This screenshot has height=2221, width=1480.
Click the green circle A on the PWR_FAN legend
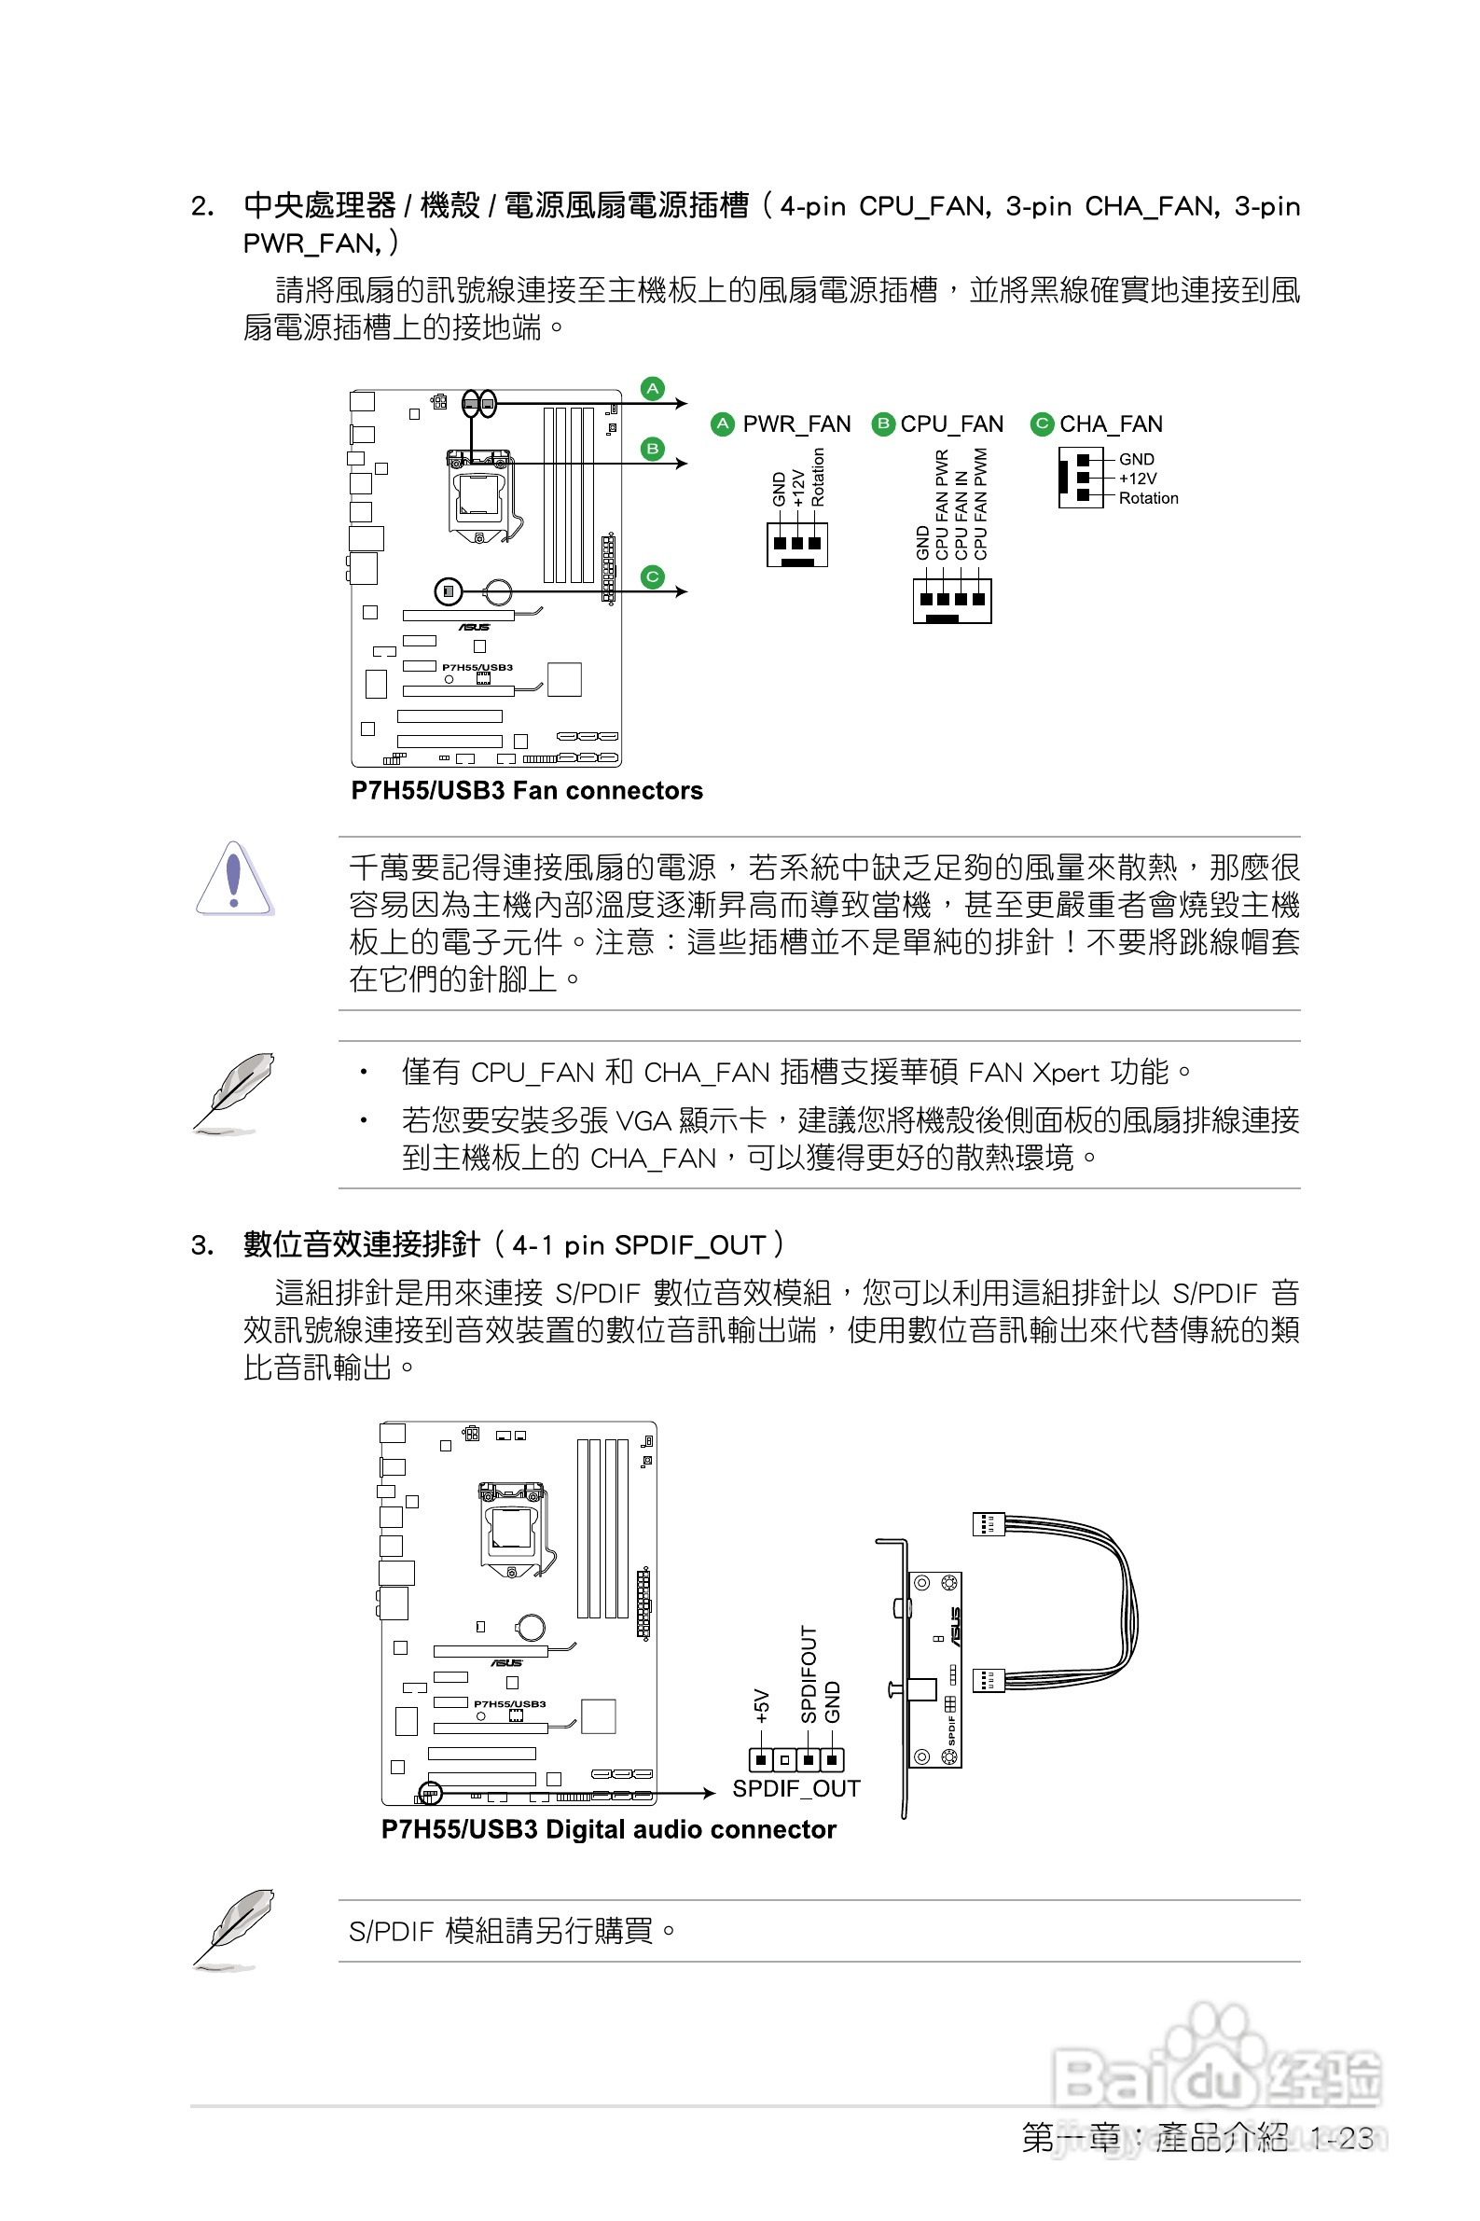pyautogui.click(x=722, y=423)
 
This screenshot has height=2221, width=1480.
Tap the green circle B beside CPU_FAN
pyautogui.click(x=882, y=423)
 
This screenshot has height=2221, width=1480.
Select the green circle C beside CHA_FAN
pyautogui.click(x=1041, y=423)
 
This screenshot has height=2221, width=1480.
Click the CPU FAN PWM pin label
pyautogui.click(x=981, y=503)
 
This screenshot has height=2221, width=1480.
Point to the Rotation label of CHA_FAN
pyautogui.click(x=1148, y=498)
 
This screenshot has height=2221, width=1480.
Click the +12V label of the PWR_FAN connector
pyautogui.click(x=798, y=488)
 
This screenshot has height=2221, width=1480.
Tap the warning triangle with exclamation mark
pyautogui.click(x=234, y=879)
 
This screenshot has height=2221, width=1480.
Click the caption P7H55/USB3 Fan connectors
pyautogui.click(x=527, y=791)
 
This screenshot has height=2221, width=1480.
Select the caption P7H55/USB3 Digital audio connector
pyautogui.click(x=608, y=1829)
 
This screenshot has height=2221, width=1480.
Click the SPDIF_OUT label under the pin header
pyautogui.click(x=795, y=1789)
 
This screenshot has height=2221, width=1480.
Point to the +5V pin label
pyautogui.click(x=762, y=1706)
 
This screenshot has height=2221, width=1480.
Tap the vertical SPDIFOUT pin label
pyautogui.click(x=809, y=1674)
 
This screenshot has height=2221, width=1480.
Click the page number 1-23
pyautogui.click(x=1341, y=2138)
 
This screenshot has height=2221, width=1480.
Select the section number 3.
pyautogui.click(x=201, y=1246)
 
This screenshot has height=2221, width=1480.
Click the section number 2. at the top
pyautogui.click(x=202, y=207)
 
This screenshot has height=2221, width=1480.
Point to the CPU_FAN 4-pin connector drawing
pyautogui.click(x=951, y=601)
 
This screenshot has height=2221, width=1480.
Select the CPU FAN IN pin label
pyautogui.click(x=961, y=515)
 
